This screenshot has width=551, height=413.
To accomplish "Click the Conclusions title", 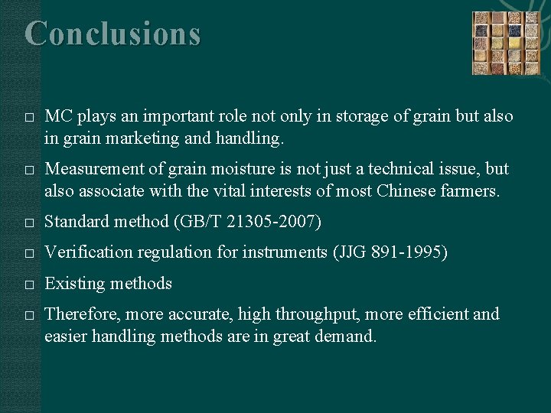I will pos(113,34).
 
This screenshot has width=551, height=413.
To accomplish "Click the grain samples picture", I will pos(505,43).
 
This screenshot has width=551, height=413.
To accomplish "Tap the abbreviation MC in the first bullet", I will pos(57,116).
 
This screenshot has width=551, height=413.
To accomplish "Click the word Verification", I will pos(90,252).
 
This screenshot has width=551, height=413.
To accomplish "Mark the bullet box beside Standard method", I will pos(28,223).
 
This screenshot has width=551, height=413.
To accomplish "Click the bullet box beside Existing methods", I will pos(28,284).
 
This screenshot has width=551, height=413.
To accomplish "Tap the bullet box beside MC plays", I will pos(28,117).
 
